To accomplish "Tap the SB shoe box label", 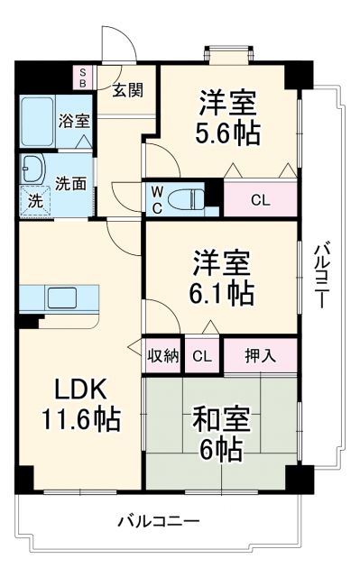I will click(85, 77).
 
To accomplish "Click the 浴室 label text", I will click(74, 119).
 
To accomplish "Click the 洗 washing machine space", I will click(34, 201).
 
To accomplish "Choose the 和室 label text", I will click(222, 420).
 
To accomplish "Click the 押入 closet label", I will click(260, 356).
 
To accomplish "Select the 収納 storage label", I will click(163, 356).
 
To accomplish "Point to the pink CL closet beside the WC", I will click(259, 199).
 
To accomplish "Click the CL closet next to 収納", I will click(203, 356).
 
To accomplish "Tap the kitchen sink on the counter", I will click(63, 298).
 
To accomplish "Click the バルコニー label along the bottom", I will click(159, 521).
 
